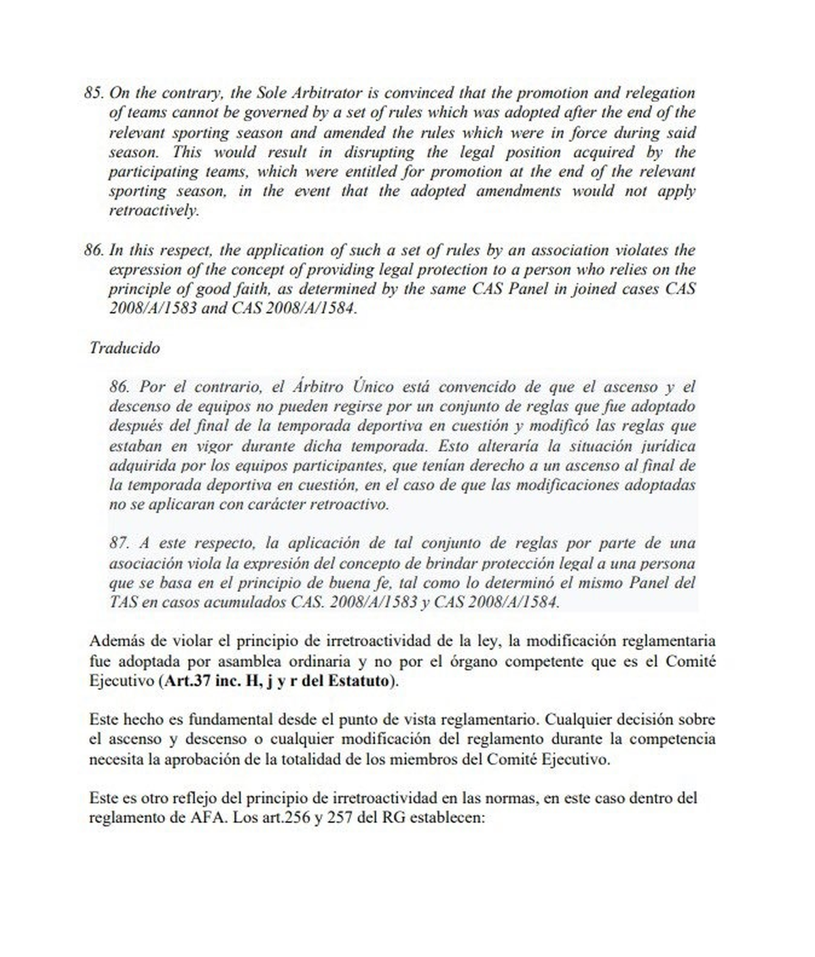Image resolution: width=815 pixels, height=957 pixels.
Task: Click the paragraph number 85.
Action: click(93, 92)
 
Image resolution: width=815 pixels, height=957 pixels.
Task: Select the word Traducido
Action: click(124, 348)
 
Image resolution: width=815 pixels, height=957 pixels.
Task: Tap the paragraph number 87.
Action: click(119, 543)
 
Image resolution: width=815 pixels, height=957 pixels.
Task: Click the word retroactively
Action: click(153, 211)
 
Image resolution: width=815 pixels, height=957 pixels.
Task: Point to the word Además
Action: click(115, 641)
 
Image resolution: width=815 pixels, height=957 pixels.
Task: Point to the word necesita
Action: click(115, 759)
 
